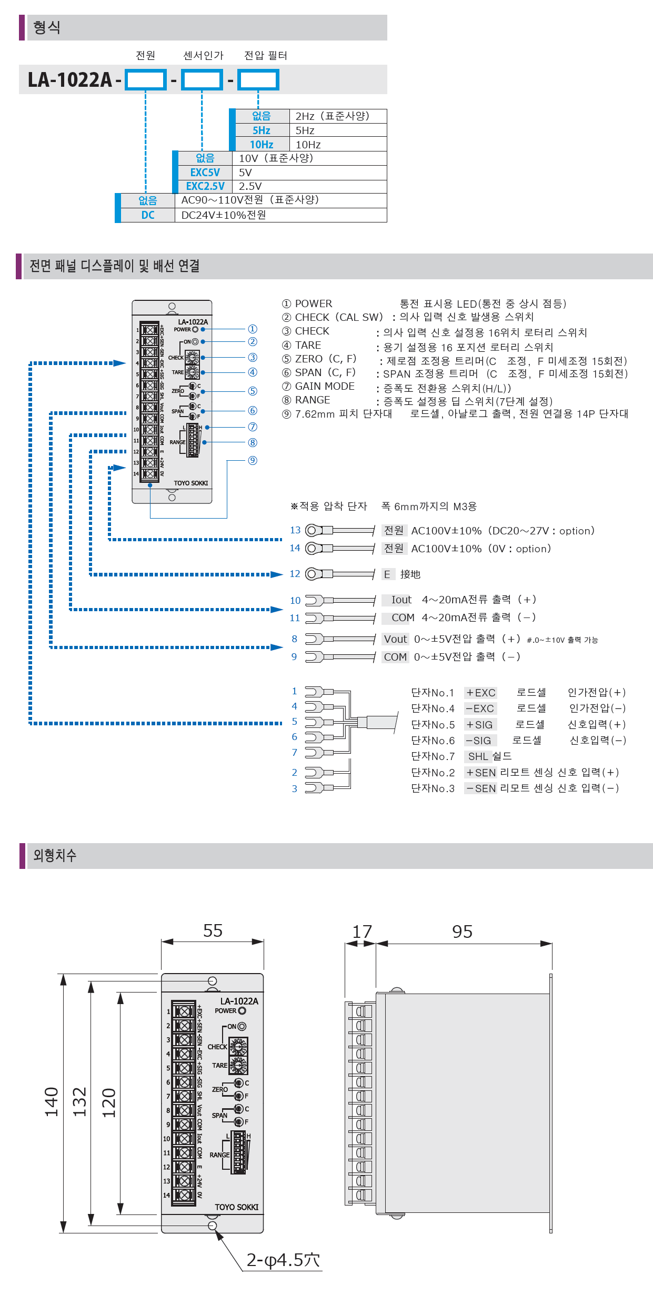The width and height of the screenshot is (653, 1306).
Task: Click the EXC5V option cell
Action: click(205, 173)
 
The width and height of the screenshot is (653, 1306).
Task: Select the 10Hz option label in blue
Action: click(262, 145)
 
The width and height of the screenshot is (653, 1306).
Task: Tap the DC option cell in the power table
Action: click(148, 215)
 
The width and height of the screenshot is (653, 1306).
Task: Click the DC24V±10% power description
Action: click(224, 215)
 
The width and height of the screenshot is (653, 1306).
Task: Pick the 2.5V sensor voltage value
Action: click(250, 186)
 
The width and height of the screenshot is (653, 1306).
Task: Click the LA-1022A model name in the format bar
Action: click(70, 80)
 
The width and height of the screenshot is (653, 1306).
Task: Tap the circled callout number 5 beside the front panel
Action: click(253, 391)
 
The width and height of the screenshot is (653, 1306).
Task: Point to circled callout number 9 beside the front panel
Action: click(253, 461)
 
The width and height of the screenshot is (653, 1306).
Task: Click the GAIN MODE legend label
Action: click(325, 387)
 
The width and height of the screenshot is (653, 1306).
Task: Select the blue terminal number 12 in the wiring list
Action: click(295, 574)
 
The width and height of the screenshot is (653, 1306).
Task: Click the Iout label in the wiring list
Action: click(401, 600)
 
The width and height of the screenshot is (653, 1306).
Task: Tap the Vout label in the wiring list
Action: click(395, 639)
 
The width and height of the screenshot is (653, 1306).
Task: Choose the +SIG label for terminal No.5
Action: click(480, 725)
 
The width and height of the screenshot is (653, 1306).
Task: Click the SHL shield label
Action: click(478, 756)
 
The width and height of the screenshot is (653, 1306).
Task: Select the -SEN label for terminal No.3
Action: click(480, 788)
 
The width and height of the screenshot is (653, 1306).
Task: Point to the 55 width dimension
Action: click(213, 931)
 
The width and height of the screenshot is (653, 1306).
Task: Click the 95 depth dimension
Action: click(462, 932)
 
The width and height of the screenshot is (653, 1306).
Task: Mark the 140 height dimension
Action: click(52, 1102)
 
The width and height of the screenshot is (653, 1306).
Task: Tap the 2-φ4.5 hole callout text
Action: click(283, 1260)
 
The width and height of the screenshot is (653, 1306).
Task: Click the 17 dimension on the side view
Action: click(362, 932)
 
